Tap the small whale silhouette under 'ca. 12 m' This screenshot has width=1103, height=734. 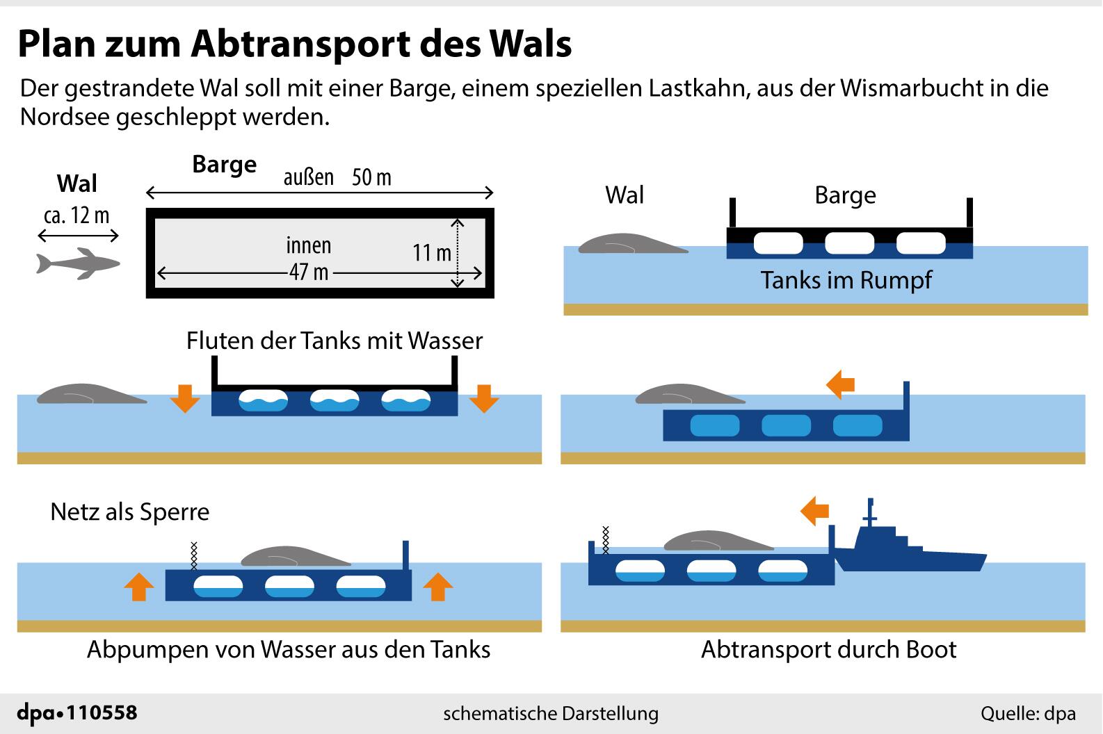[77, 263]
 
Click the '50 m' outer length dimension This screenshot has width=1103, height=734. [371, 178]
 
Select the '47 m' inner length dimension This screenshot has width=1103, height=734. [309, 272]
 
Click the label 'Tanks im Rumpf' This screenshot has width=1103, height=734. [846, 280]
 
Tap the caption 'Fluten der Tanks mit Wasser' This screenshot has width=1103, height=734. [334, 341]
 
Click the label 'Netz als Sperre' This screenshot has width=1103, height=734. [129, 512]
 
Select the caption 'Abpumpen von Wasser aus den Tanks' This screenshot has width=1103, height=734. [289, 649]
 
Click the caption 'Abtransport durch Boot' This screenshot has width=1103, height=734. [828, 649]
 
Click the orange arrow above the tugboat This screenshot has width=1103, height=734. [815, 512]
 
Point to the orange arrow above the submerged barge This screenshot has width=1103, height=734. [840, 384]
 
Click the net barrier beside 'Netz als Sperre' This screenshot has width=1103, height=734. [195, 555]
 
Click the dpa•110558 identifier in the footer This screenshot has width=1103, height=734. [77, 712]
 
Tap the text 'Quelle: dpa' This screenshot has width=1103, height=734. [1028, 713]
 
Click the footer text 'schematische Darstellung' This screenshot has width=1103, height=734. [551, 713]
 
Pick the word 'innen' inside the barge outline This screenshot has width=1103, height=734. [309, 245]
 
